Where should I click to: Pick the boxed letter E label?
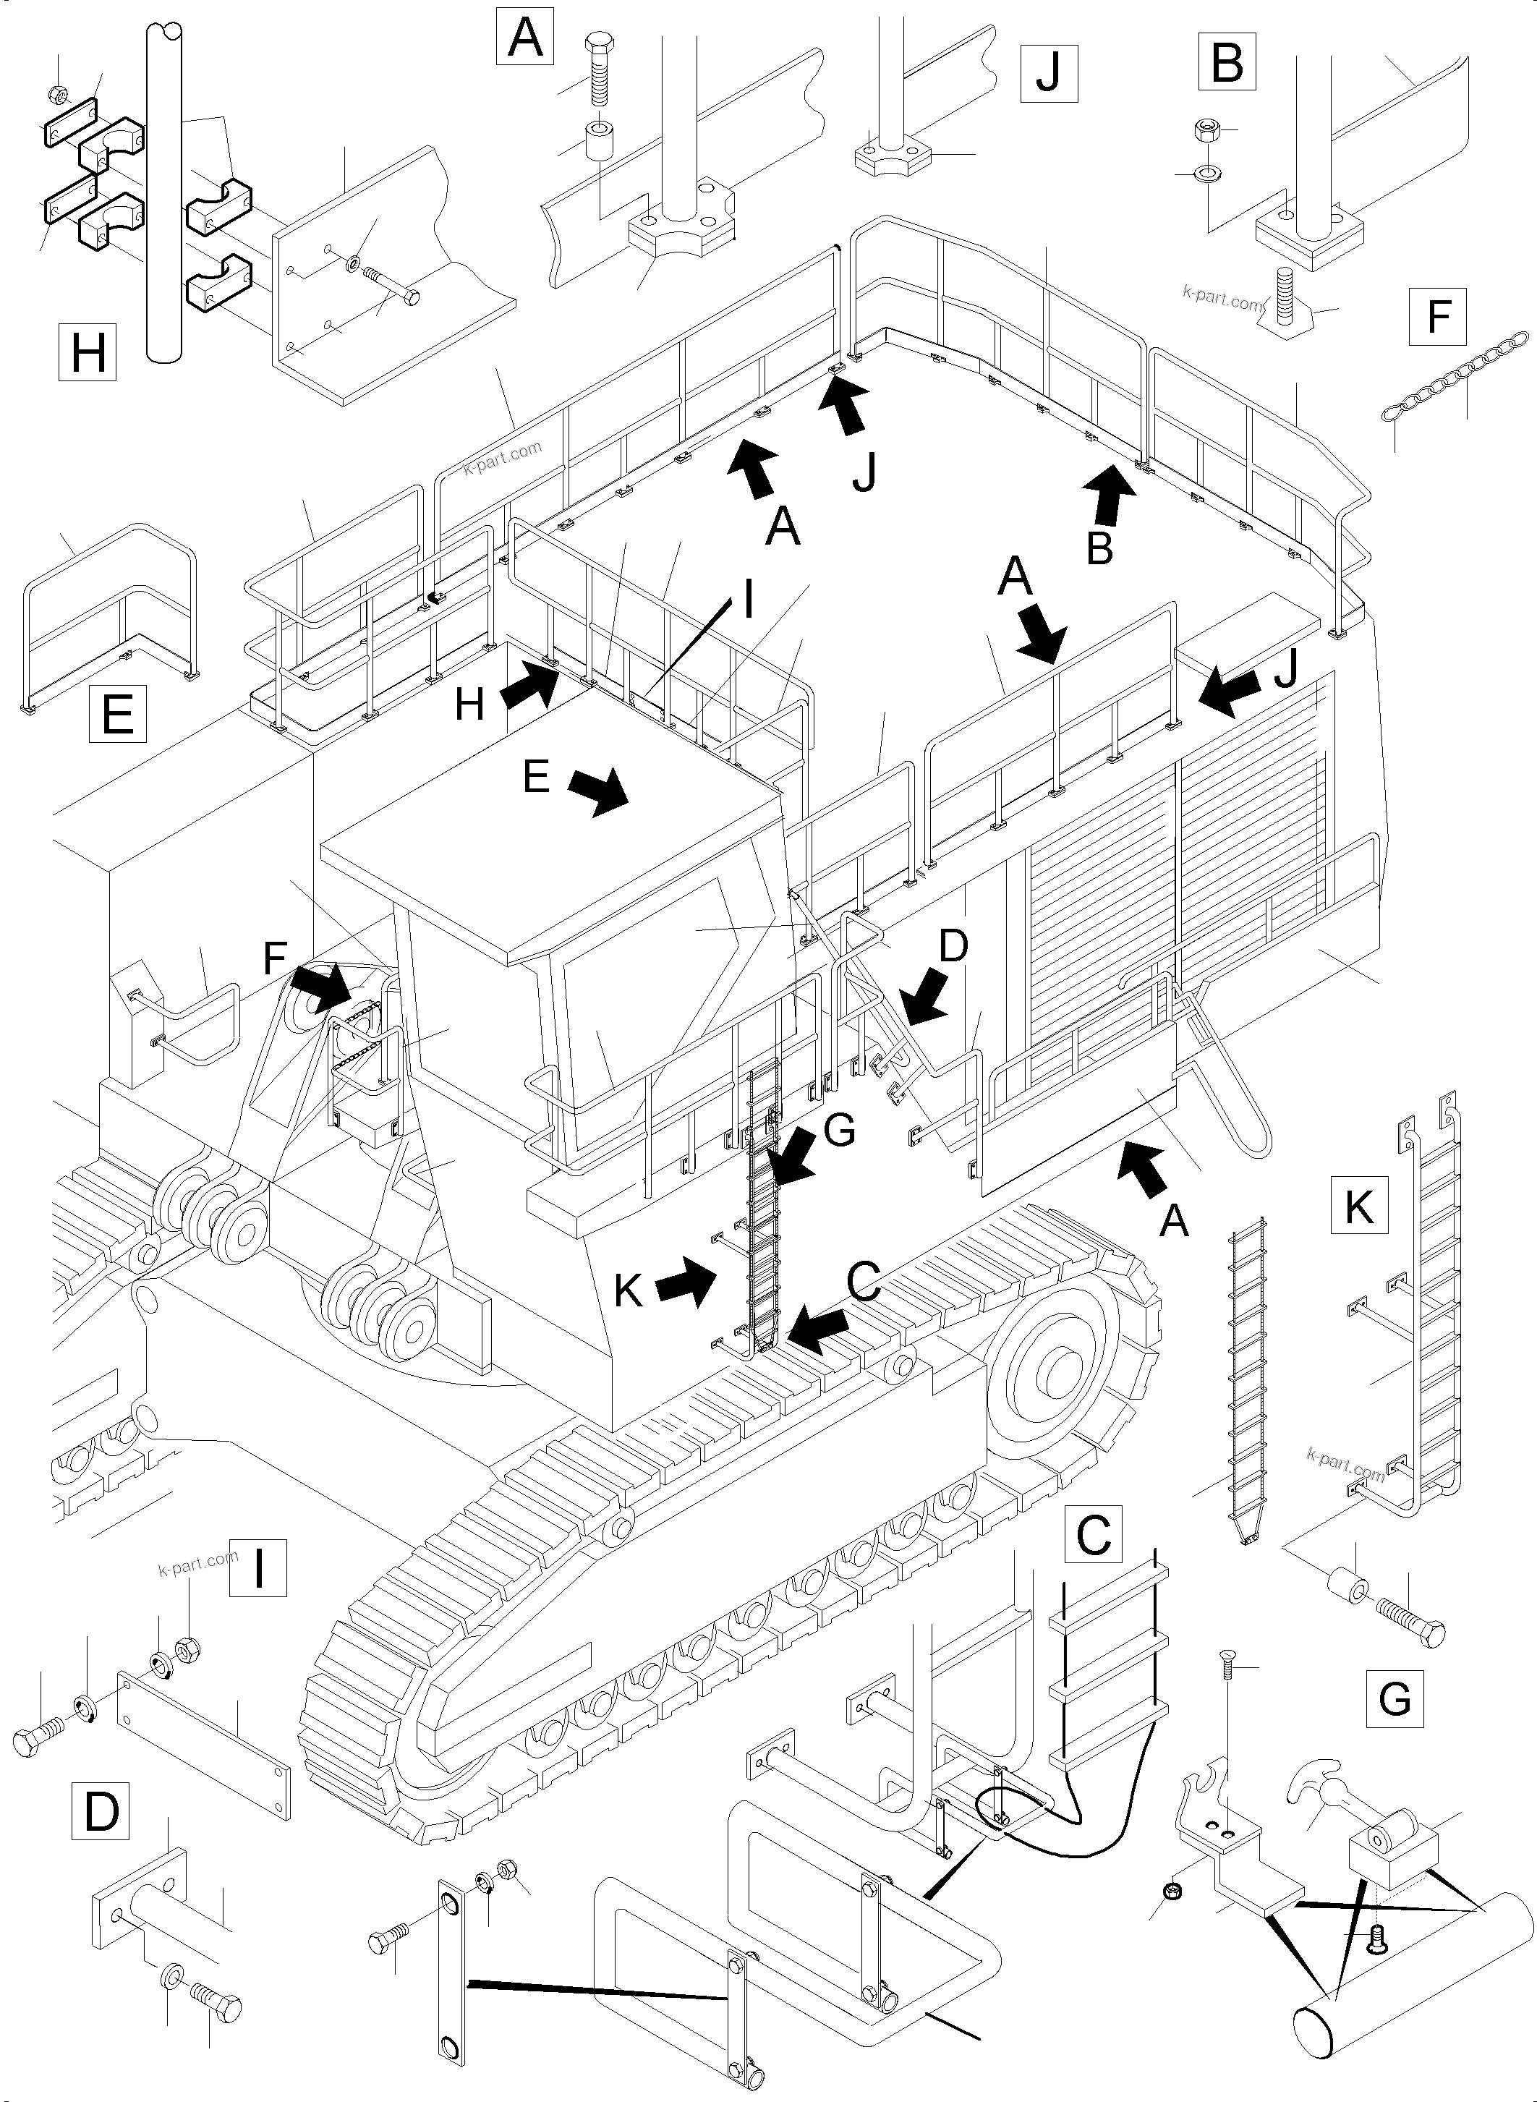(118, 715)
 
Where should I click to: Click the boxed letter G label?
(1395, 1699)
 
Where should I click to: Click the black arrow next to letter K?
(686, 1287)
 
